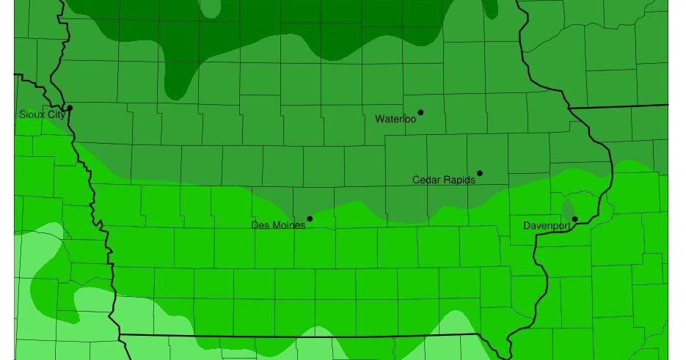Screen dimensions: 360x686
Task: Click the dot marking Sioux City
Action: click(x=70, y=109)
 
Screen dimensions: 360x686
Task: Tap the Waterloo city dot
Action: click(x=420, y=113)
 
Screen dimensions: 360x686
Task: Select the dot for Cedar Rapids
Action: click(x=480, y=174)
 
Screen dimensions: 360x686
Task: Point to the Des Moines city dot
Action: click(x=310, y=218)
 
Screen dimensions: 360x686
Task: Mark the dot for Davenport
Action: click(x=575, y=219)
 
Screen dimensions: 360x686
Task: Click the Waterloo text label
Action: click(x=395, y=119)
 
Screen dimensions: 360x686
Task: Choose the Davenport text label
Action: click(x=547, y=226)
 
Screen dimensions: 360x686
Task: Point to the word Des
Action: click(x=260, y=225)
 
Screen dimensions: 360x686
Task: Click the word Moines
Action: click(x=288, y=225)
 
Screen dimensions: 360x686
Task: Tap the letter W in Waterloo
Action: click(x=379, y=119)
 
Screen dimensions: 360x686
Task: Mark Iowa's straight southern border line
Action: click(x=293, y=337)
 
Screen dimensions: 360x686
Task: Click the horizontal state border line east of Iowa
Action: click(x=620, y=106)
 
